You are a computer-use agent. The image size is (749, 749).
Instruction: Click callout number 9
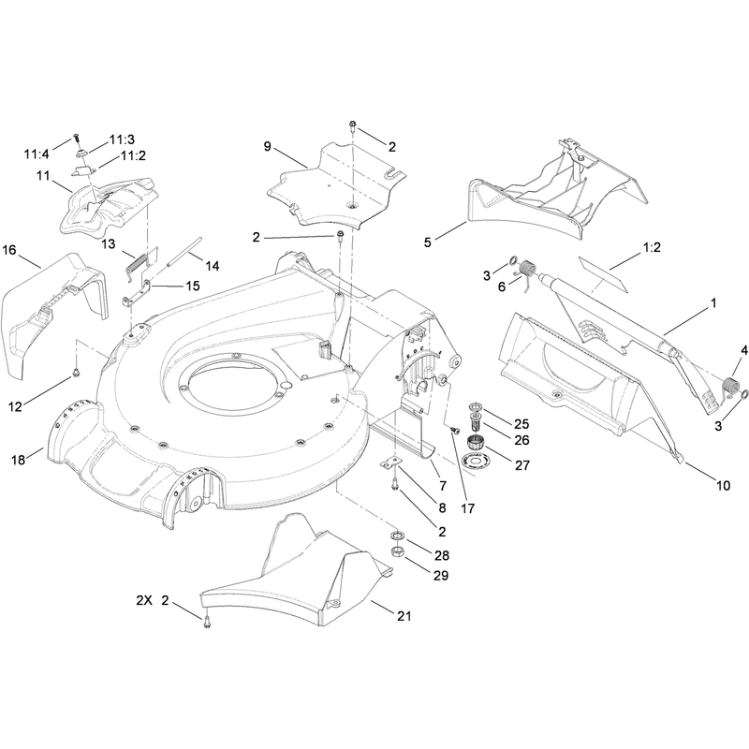point(268,146)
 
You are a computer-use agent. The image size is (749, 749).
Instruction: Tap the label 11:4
point(37,154)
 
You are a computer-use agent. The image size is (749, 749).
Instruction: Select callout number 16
point(9,250)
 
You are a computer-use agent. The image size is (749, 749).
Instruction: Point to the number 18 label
point(18,460)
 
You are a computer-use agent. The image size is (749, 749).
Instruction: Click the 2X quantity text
point(144,600)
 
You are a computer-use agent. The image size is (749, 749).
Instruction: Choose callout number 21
point(404,616)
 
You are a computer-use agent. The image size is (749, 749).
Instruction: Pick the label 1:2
point(652,247)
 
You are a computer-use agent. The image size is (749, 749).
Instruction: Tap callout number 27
point(522,465)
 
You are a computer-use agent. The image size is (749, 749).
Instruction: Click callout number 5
point(428,242)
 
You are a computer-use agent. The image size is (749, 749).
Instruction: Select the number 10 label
point(724,486)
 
